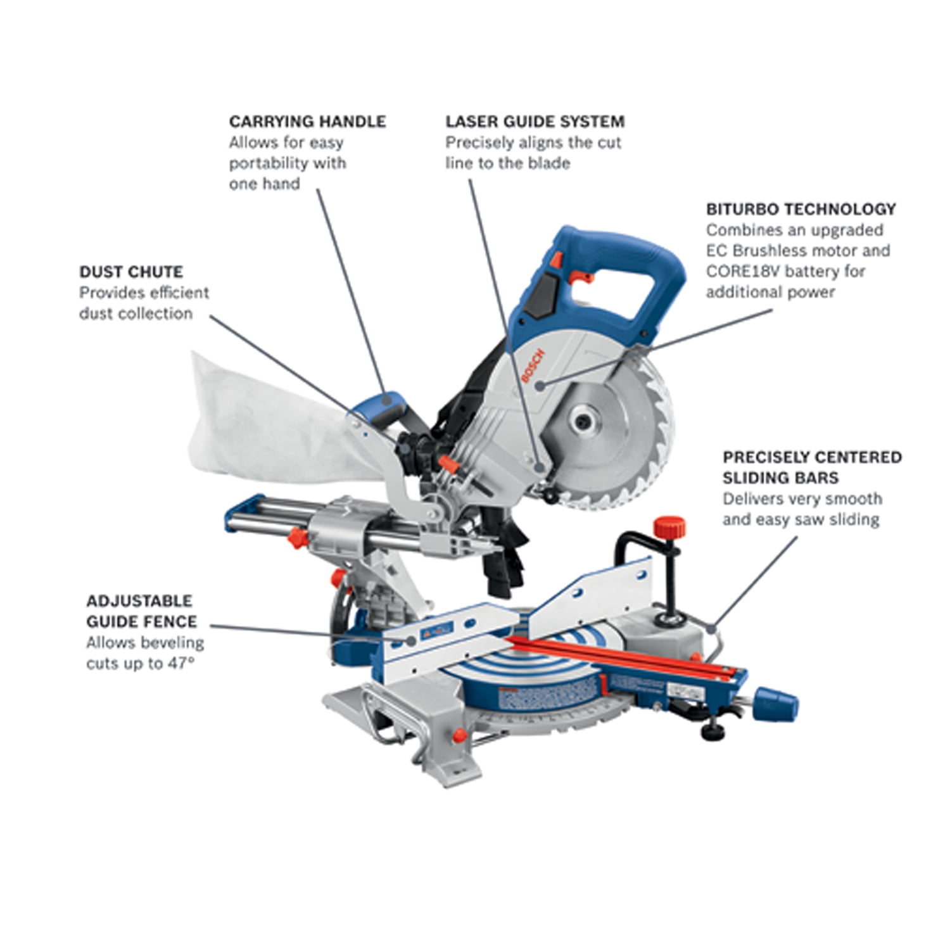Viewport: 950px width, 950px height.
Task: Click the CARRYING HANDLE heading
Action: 307,122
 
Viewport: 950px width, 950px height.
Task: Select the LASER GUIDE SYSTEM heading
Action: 535,122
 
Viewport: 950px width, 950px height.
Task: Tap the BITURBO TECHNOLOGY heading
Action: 801,209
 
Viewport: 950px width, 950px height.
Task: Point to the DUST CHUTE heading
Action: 131,272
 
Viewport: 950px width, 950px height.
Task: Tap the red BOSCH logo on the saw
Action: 532,365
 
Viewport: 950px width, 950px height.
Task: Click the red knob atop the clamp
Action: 669,526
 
